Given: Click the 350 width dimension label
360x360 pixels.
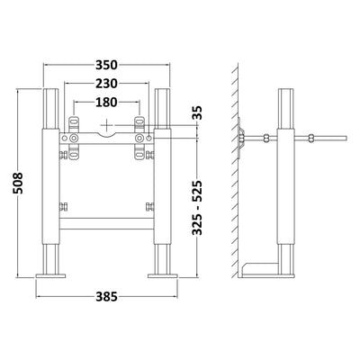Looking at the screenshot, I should point(106,66).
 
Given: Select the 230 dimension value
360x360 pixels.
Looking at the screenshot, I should point(106,84).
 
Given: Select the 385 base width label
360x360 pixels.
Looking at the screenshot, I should point(106,295).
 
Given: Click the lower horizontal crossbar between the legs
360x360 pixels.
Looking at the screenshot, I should point(106,217).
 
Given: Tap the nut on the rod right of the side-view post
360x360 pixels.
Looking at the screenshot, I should point(310,137).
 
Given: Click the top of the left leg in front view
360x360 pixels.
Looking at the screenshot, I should point(48,92).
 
